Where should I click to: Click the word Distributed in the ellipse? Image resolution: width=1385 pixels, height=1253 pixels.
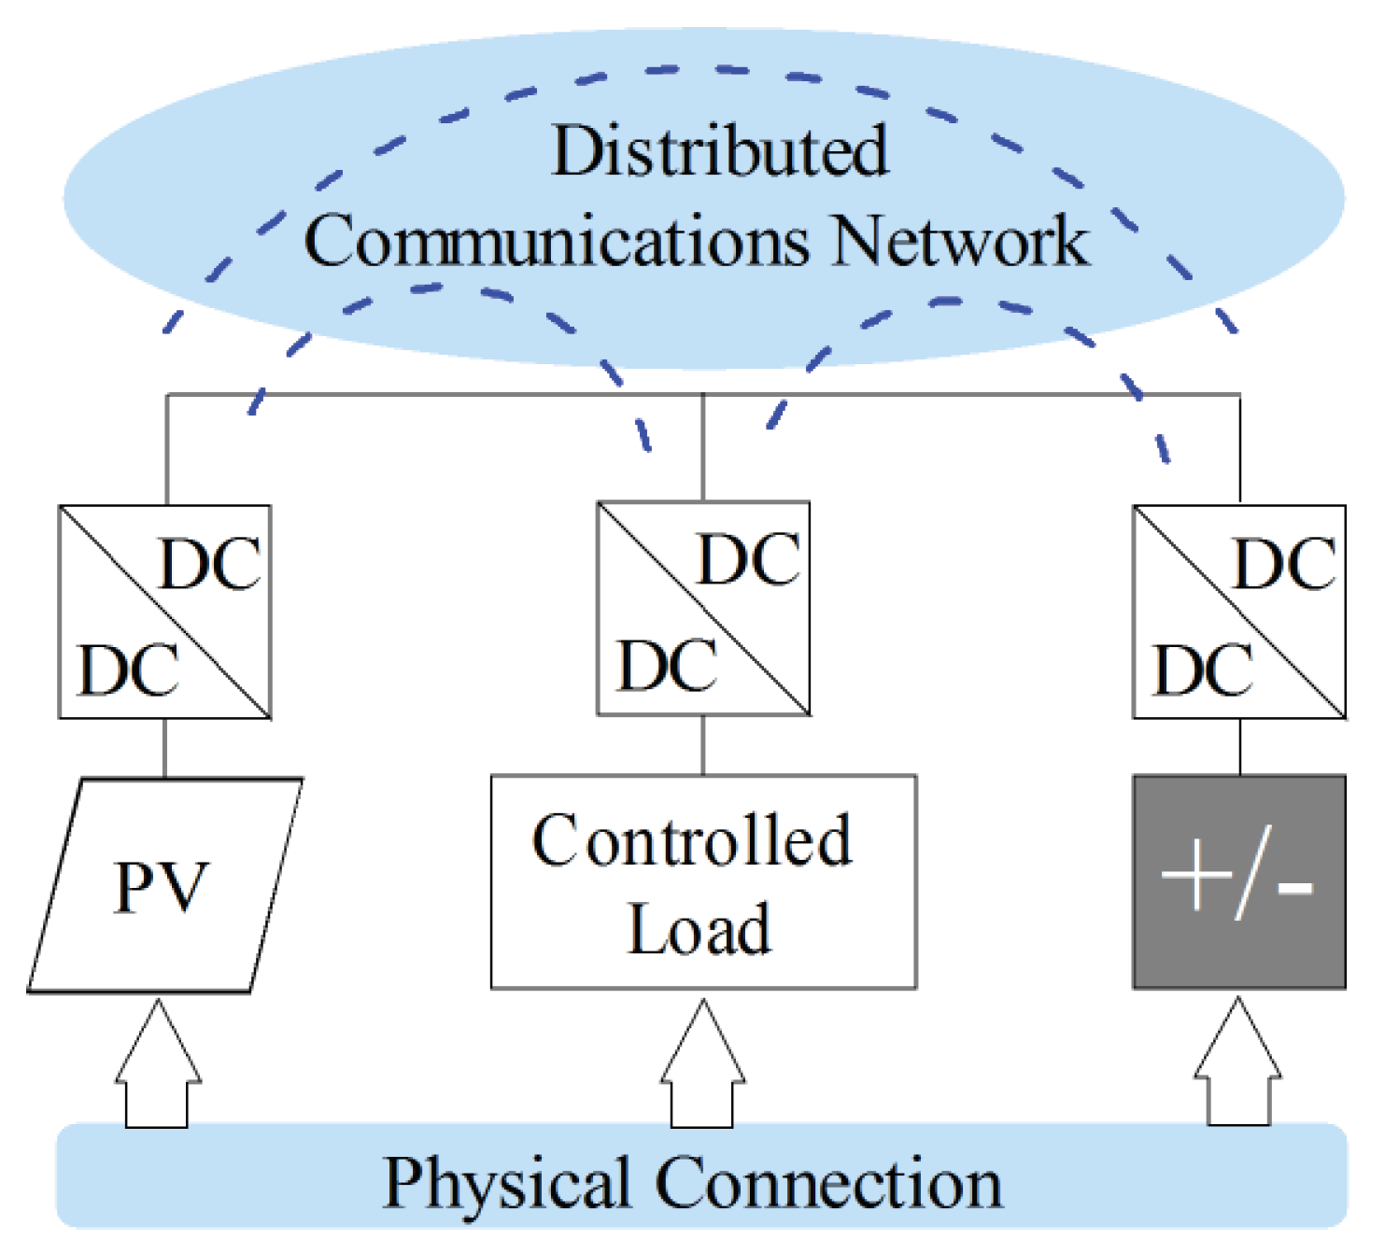tap(719, 151)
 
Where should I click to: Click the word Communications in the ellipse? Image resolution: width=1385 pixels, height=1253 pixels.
tap(557, 242)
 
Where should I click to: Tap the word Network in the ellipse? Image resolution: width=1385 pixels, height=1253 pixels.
tap(960, 242)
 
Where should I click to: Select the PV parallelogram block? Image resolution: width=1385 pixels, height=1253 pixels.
tap(164, 885)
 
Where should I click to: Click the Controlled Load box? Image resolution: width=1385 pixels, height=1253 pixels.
tap(703, 881)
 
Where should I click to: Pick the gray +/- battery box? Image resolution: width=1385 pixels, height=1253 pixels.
tap(1239, 881)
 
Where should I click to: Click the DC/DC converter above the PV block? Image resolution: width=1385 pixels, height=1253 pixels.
tap(165, 612)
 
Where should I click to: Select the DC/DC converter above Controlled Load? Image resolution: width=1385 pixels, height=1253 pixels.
tap(703, 609)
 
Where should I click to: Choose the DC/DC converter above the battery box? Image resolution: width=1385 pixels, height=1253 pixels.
tap(1239, 612)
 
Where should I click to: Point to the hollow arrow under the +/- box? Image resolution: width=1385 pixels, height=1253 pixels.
tap(1238, 1064)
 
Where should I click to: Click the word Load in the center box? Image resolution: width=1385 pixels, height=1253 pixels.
tap(700, 930)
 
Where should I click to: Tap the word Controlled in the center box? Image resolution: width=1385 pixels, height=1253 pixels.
tap(692, 840)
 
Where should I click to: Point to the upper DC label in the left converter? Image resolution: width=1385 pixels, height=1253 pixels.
tap(210, 565)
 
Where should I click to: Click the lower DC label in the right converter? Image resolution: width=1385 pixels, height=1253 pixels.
tap(1203, 670)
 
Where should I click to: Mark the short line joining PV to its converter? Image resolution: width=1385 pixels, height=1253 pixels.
tap(165, 748)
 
